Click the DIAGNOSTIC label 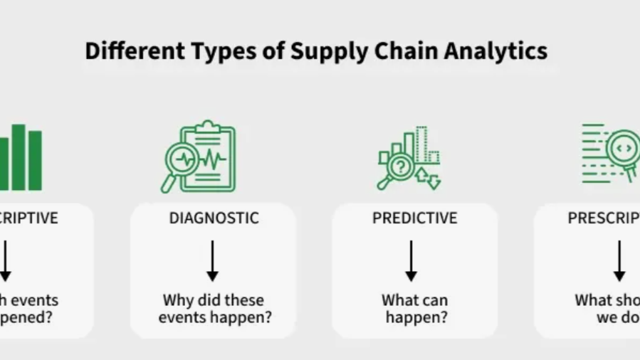pyautogui.click(x=213, y=218)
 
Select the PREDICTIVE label pyautogui.click(x=414, y=218)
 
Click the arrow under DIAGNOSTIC pyautogui.click(x=212, y=260)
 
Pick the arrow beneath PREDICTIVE pyautogui.click(x=411, y=260)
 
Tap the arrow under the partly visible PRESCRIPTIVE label pyautogui.click(x=619, y=260)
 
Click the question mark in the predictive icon pyautogui.click(x=401, y=167)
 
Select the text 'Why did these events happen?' pyautogui.click(x=214, y=309)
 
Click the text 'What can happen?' pyautogui.click(x=416, y=309)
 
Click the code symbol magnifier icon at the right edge pyautogui.click(x=621, y=150)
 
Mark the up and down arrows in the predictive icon pyautogui.click(x=429, y=178)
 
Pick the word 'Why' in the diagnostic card pyautogui.click(x=177, y=300)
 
